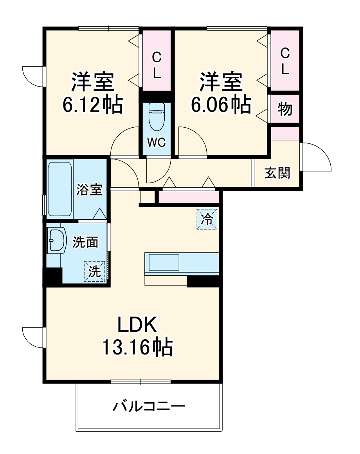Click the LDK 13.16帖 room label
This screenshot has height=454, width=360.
point(137,336)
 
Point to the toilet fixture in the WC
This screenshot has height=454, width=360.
point(157,118)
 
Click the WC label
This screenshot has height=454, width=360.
point(157,142)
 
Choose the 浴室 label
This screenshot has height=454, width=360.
point(90,189)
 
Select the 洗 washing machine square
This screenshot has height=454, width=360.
point(94,271)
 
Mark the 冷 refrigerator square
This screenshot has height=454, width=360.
point(206,219)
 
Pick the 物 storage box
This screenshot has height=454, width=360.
point(285,109)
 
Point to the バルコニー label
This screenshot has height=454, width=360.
point(149,407)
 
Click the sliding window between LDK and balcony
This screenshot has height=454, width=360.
point(141,382)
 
